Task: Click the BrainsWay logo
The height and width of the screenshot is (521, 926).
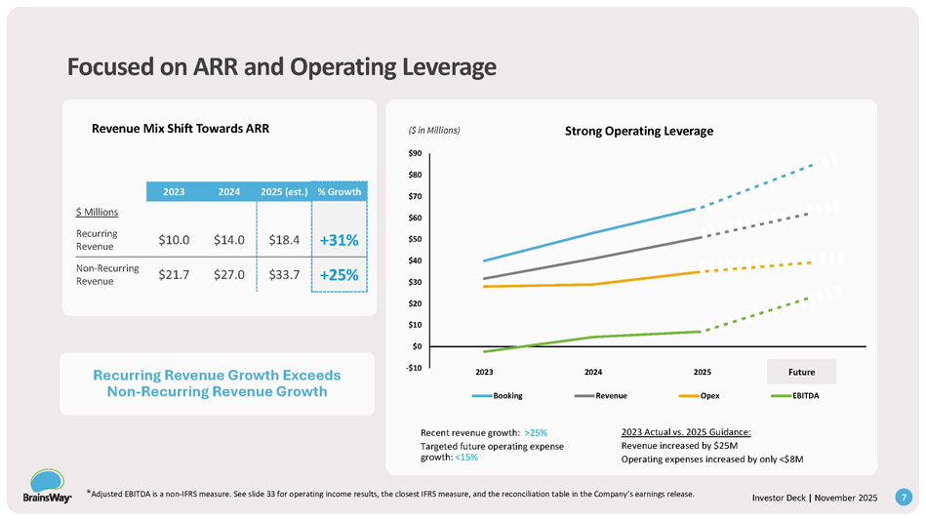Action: point(43,487)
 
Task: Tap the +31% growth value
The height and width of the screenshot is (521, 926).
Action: point(340,240)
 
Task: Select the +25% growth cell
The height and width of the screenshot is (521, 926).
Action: point(340,275)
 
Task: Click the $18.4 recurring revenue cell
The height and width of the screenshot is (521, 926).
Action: point(284,239)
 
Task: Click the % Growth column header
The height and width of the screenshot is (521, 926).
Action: point(340,191)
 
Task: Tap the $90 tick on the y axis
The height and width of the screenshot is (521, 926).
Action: point(416,153)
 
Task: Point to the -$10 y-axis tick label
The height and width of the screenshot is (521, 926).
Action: point(415,367)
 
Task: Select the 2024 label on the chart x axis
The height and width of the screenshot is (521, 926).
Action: point(592,372)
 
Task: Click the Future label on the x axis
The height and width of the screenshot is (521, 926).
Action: point(801,372)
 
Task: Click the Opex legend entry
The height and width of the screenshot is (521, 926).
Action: point(698,395)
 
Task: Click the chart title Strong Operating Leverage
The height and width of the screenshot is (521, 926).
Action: point(640,131)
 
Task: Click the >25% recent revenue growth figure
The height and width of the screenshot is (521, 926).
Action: point(535,431)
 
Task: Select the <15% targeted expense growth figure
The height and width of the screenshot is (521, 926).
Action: point(465,457)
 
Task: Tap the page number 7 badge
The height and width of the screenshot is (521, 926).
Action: point(905,498)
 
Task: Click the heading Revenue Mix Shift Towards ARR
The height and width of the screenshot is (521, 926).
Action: point(180,128)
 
